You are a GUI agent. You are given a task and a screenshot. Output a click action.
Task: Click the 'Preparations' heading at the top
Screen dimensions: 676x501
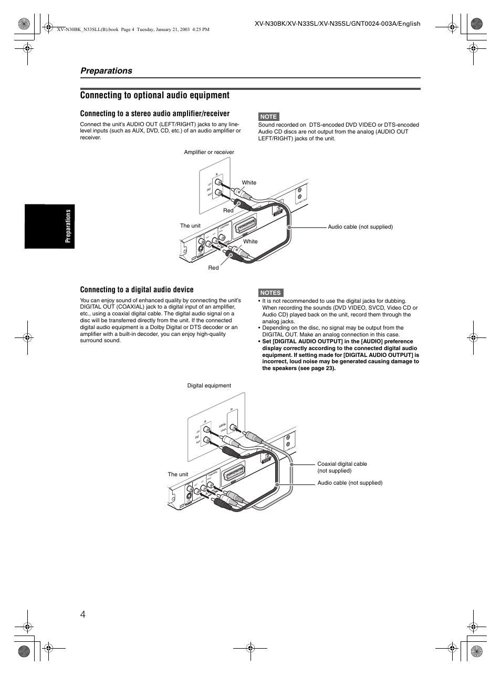106,71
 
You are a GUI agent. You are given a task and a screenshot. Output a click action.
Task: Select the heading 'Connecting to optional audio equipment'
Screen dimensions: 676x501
155,95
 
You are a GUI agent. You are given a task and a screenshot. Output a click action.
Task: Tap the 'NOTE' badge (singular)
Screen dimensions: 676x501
268,117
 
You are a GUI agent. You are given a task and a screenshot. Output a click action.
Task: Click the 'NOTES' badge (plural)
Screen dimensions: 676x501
270,293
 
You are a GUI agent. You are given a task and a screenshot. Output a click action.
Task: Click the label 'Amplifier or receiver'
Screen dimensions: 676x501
209,152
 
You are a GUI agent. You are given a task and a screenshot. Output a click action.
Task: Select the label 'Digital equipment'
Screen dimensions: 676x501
209,386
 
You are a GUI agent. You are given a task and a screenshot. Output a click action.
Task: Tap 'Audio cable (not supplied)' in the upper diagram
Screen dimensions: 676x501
360,227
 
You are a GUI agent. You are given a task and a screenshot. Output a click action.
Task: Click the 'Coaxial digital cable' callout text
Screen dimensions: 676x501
342,464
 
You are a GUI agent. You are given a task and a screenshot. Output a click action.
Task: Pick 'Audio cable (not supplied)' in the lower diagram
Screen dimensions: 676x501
350,483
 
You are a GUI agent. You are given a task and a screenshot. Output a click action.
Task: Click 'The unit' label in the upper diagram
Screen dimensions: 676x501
190,226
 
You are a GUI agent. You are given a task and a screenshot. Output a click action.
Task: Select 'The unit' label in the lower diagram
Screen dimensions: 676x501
178,474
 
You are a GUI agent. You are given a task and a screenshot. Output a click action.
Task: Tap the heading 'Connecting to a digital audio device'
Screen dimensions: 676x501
137,290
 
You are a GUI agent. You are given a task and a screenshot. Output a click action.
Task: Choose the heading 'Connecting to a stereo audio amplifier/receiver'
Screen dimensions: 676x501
155,114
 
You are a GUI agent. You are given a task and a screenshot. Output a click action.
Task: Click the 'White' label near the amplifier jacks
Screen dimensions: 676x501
249,183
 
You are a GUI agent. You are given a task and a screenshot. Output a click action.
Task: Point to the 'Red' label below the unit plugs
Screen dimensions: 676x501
213,268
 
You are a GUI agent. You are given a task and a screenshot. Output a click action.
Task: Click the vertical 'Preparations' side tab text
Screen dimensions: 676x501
68,227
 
